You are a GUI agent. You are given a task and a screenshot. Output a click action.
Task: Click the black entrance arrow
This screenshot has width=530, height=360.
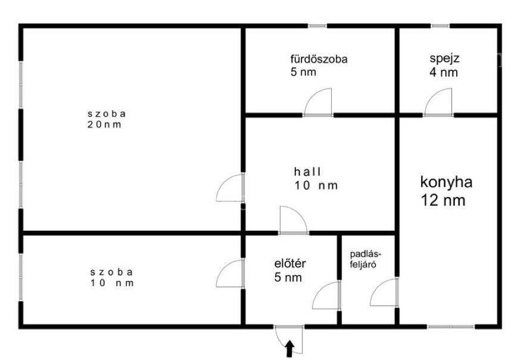tap(289, 349)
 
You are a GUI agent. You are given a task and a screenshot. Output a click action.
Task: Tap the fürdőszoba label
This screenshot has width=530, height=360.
tap(319, 59)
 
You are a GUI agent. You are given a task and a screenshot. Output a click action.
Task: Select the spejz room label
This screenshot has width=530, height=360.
tap(444, 58)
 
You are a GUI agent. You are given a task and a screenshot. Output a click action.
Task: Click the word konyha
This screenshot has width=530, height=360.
tap(446, 182)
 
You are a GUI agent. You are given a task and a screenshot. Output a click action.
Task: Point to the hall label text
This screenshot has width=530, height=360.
tap(308, 172)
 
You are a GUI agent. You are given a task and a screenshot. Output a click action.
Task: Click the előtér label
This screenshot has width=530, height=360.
tap(290, 263)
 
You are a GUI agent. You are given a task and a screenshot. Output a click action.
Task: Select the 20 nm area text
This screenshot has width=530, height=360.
tap(104, 124)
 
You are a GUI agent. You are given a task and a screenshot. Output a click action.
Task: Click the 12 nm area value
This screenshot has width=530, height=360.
tap(443, 201)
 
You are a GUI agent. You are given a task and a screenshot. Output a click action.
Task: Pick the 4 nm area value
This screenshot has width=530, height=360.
tap(444, 72)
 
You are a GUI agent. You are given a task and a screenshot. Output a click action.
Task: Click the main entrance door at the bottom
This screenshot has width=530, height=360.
tap(288, 339)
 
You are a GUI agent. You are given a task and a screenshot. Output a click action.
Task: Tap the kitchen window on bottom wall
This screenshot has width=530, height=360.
tap(451, 327)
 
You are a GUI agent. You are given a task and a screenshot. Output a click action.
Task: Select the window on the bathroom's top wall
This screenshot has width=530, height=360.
tap(317, 26)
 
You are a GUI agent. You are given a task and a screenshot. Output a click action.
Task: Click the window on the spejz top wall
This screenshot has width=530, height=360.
tap(440, 26)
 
